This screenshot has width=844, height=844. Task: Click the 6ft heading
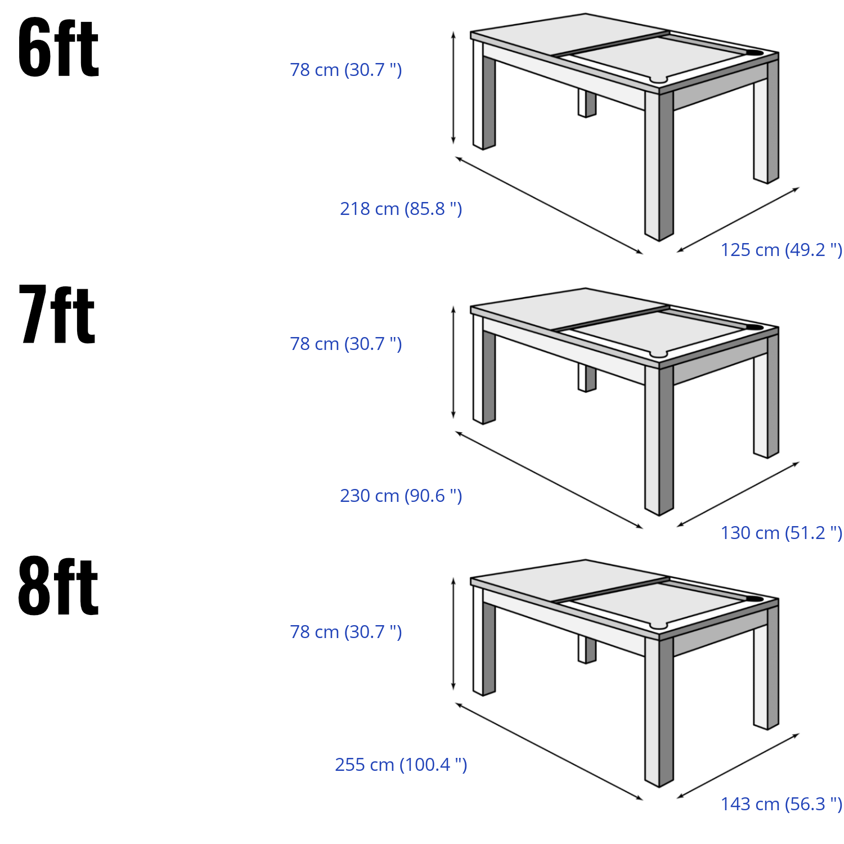coord(59,47)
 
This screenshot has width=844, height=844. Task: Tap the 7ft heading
coord(57,314)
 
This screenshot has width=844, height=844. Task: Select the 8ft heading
coord(59,586)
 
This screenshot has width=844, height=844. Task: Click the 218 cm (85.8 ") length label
coord(401,209)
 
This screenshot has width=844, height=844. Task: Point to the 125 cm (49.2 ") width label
coord(782,250)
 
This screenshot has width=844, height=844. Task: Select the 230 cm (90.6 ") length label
coord(401,496)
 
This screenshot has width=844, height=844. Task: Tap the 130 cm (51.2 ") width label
coord(782,533)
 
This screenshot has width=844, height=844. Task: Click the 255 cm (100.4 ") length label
coord(401,765)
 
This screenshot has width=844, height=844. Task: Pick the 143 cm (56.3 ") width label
coord(782,804)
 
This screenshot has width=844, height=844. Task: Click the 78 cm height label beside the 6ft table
coord(346,70)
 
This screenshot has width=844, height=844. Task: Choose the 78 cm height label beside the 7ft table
coord(346,344)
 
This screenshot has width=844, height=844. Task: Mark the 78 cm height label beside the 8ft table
coord(346,632)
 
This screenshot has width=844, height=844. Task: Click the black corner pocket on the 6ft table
coord(753,53)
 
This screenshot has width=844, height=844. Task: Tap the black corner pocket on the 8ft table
coord(753,599)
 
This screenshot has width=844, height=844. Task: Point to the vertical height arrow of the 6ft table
coord(454,88)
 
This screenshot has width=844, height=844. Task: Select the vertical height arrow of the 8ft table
coord(454,634)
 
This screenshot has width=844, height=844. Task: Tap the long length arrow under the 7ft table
coord(549,480)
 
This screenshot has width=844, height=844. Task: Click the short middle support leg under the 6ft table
coord(587,104)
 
